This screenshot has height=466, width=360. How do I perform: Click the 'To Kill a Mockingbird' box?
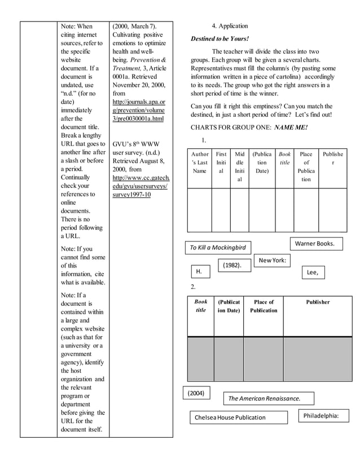coord(218,248)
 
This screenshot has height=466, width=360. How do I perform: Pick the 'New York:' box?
coord(272,260)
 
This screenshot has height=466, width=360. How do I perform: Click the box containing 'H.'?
coord(199,272)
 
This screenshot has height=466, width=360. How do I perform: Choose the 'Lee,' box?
coord(313,272)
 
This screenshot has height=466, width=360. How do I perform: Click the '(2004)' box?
coord(197,393)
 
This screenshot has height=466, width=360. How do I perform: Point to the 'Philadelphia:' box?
coord(323,416)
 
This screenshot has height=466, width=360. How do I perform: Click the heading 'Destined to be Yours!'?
coord(219,38)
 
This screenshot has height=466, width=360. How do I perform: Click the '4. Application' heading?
coord(230,26)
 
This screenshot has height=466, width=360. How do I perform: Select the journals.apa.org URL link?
coord(138,111)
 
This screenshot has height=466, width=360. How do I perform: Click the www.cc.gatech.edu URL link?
coord(141,186)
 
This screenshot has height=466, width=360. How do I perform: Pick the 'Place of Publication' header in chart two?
coord(263,306)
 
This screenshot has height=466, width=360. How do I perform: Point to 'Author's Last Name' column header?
coord(199,162)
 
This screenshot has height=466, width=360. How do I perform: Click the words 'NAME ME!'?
coord(291,128)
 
